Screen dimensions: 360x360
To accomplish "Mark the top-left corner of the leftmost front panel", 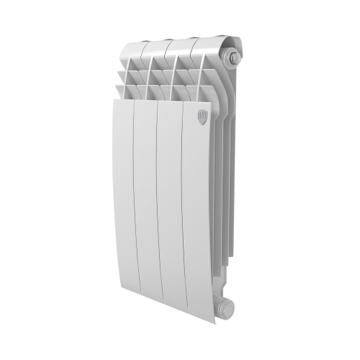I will pos(114,100).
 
